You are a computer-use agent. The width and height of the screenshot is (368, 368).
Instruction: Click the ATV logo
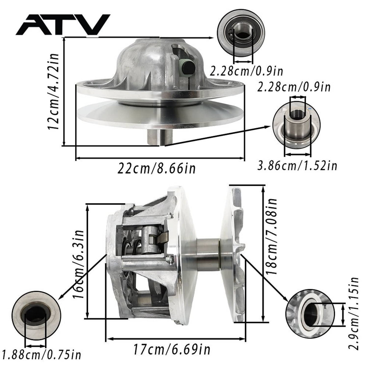[x=63, y=25]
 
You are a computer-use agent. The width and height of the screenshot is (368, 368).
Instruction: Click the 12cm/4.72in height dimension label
[x=53, y=91]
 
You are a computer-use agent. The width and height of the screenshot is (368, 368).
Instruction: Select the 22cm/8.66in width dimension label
[x=156, y=168]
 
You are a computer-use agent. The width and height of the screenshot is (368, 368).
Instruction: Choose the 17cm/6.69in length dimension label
[x=171, y=350]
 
